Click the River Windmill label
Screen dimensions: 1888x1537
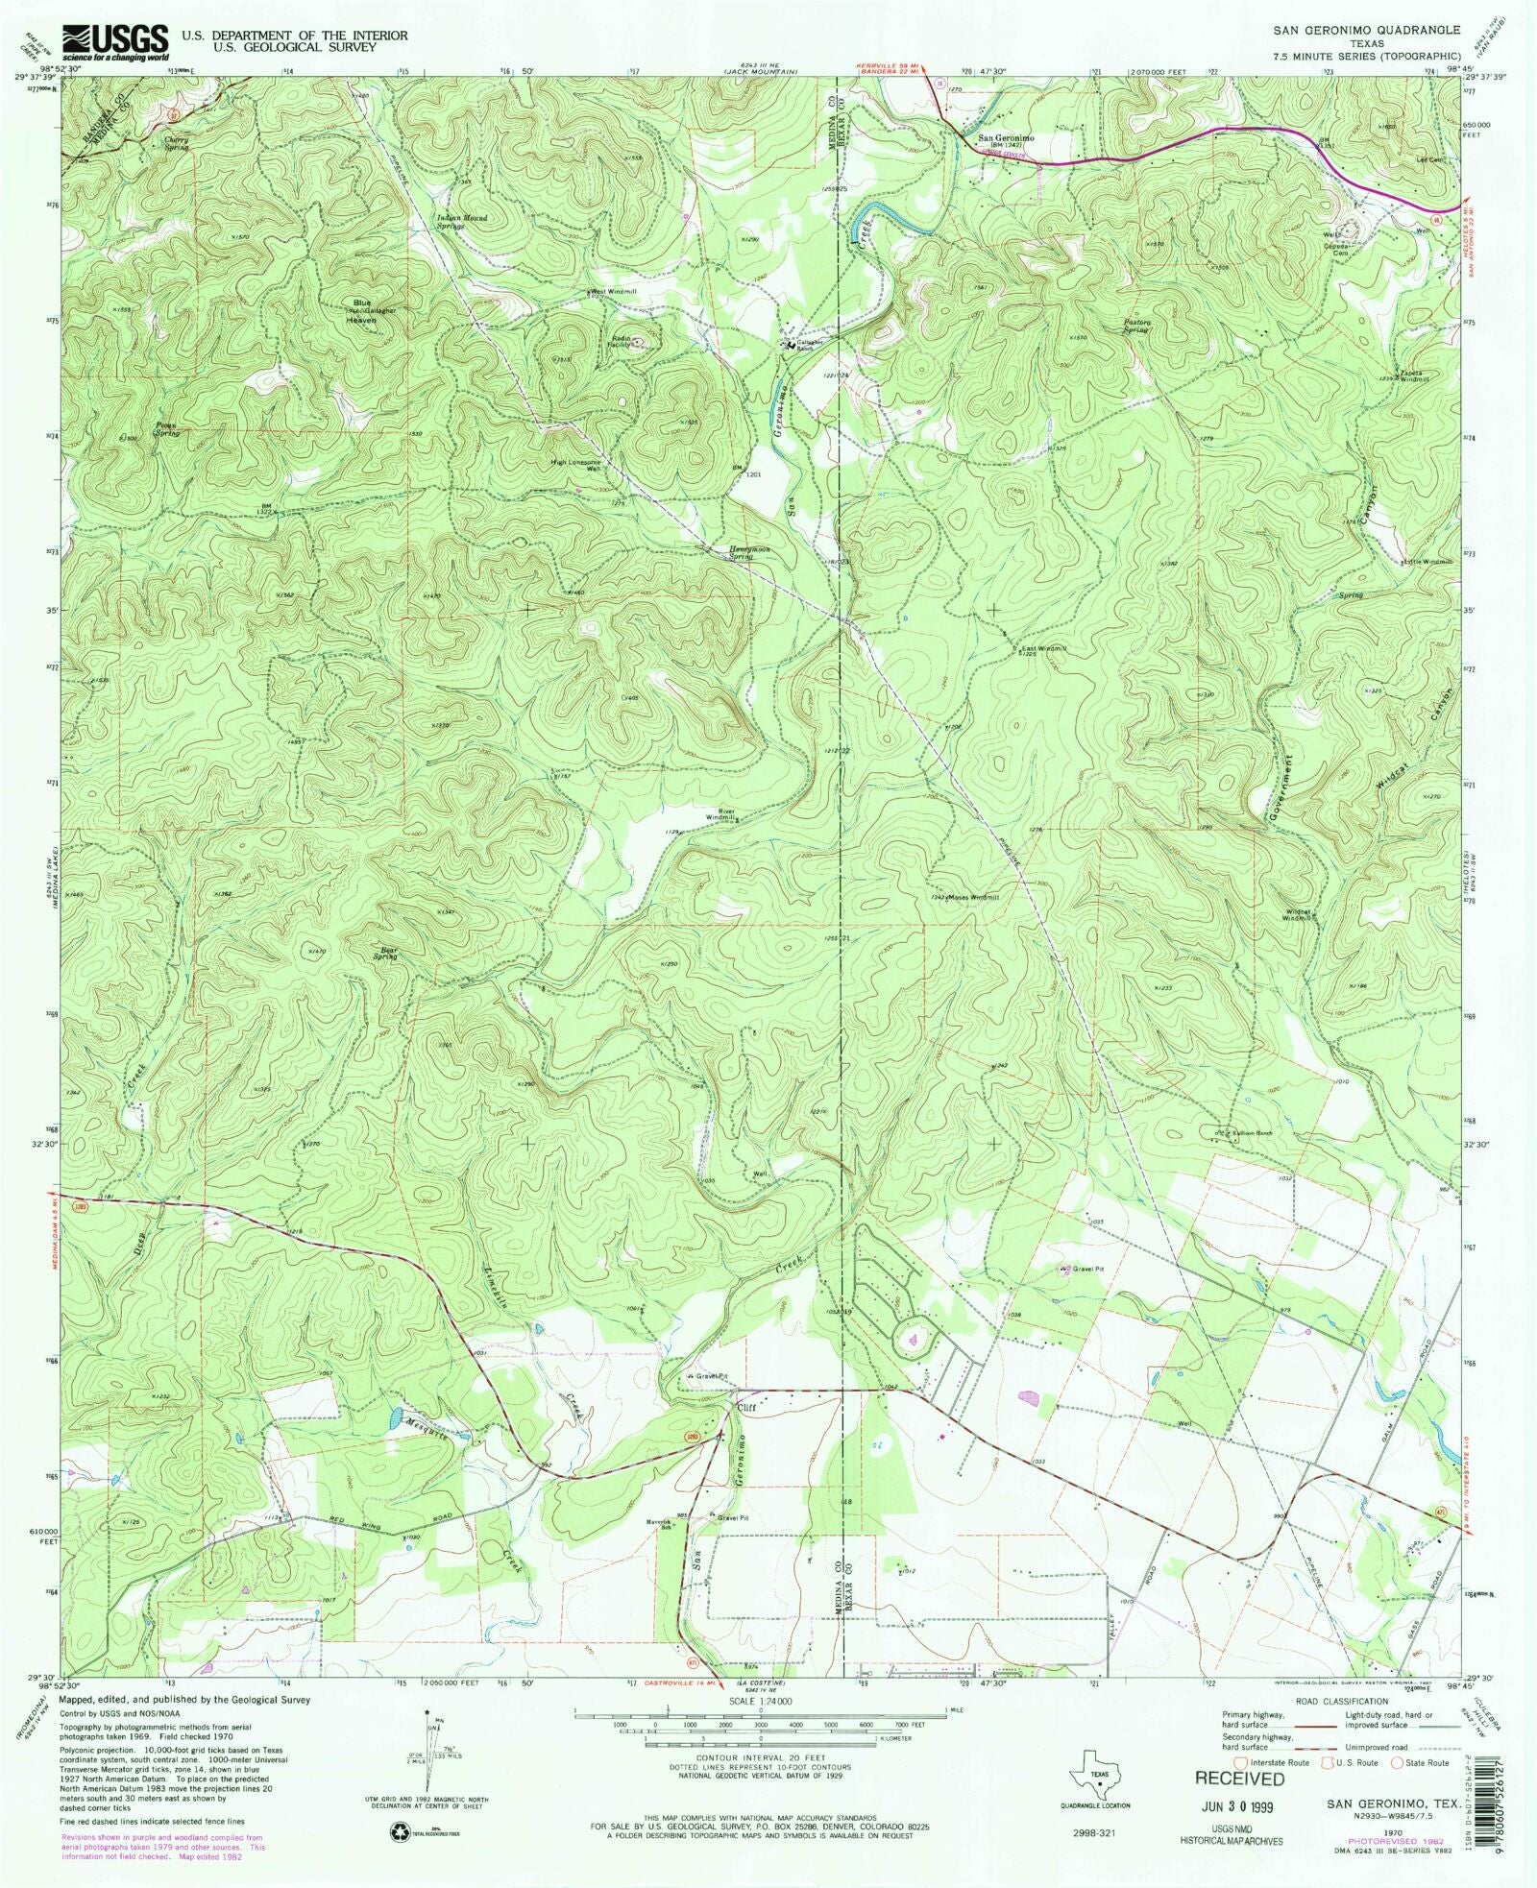click(x=720, y=813)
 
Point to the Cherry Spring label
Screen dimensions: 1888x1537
click(x=177, y=143)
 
